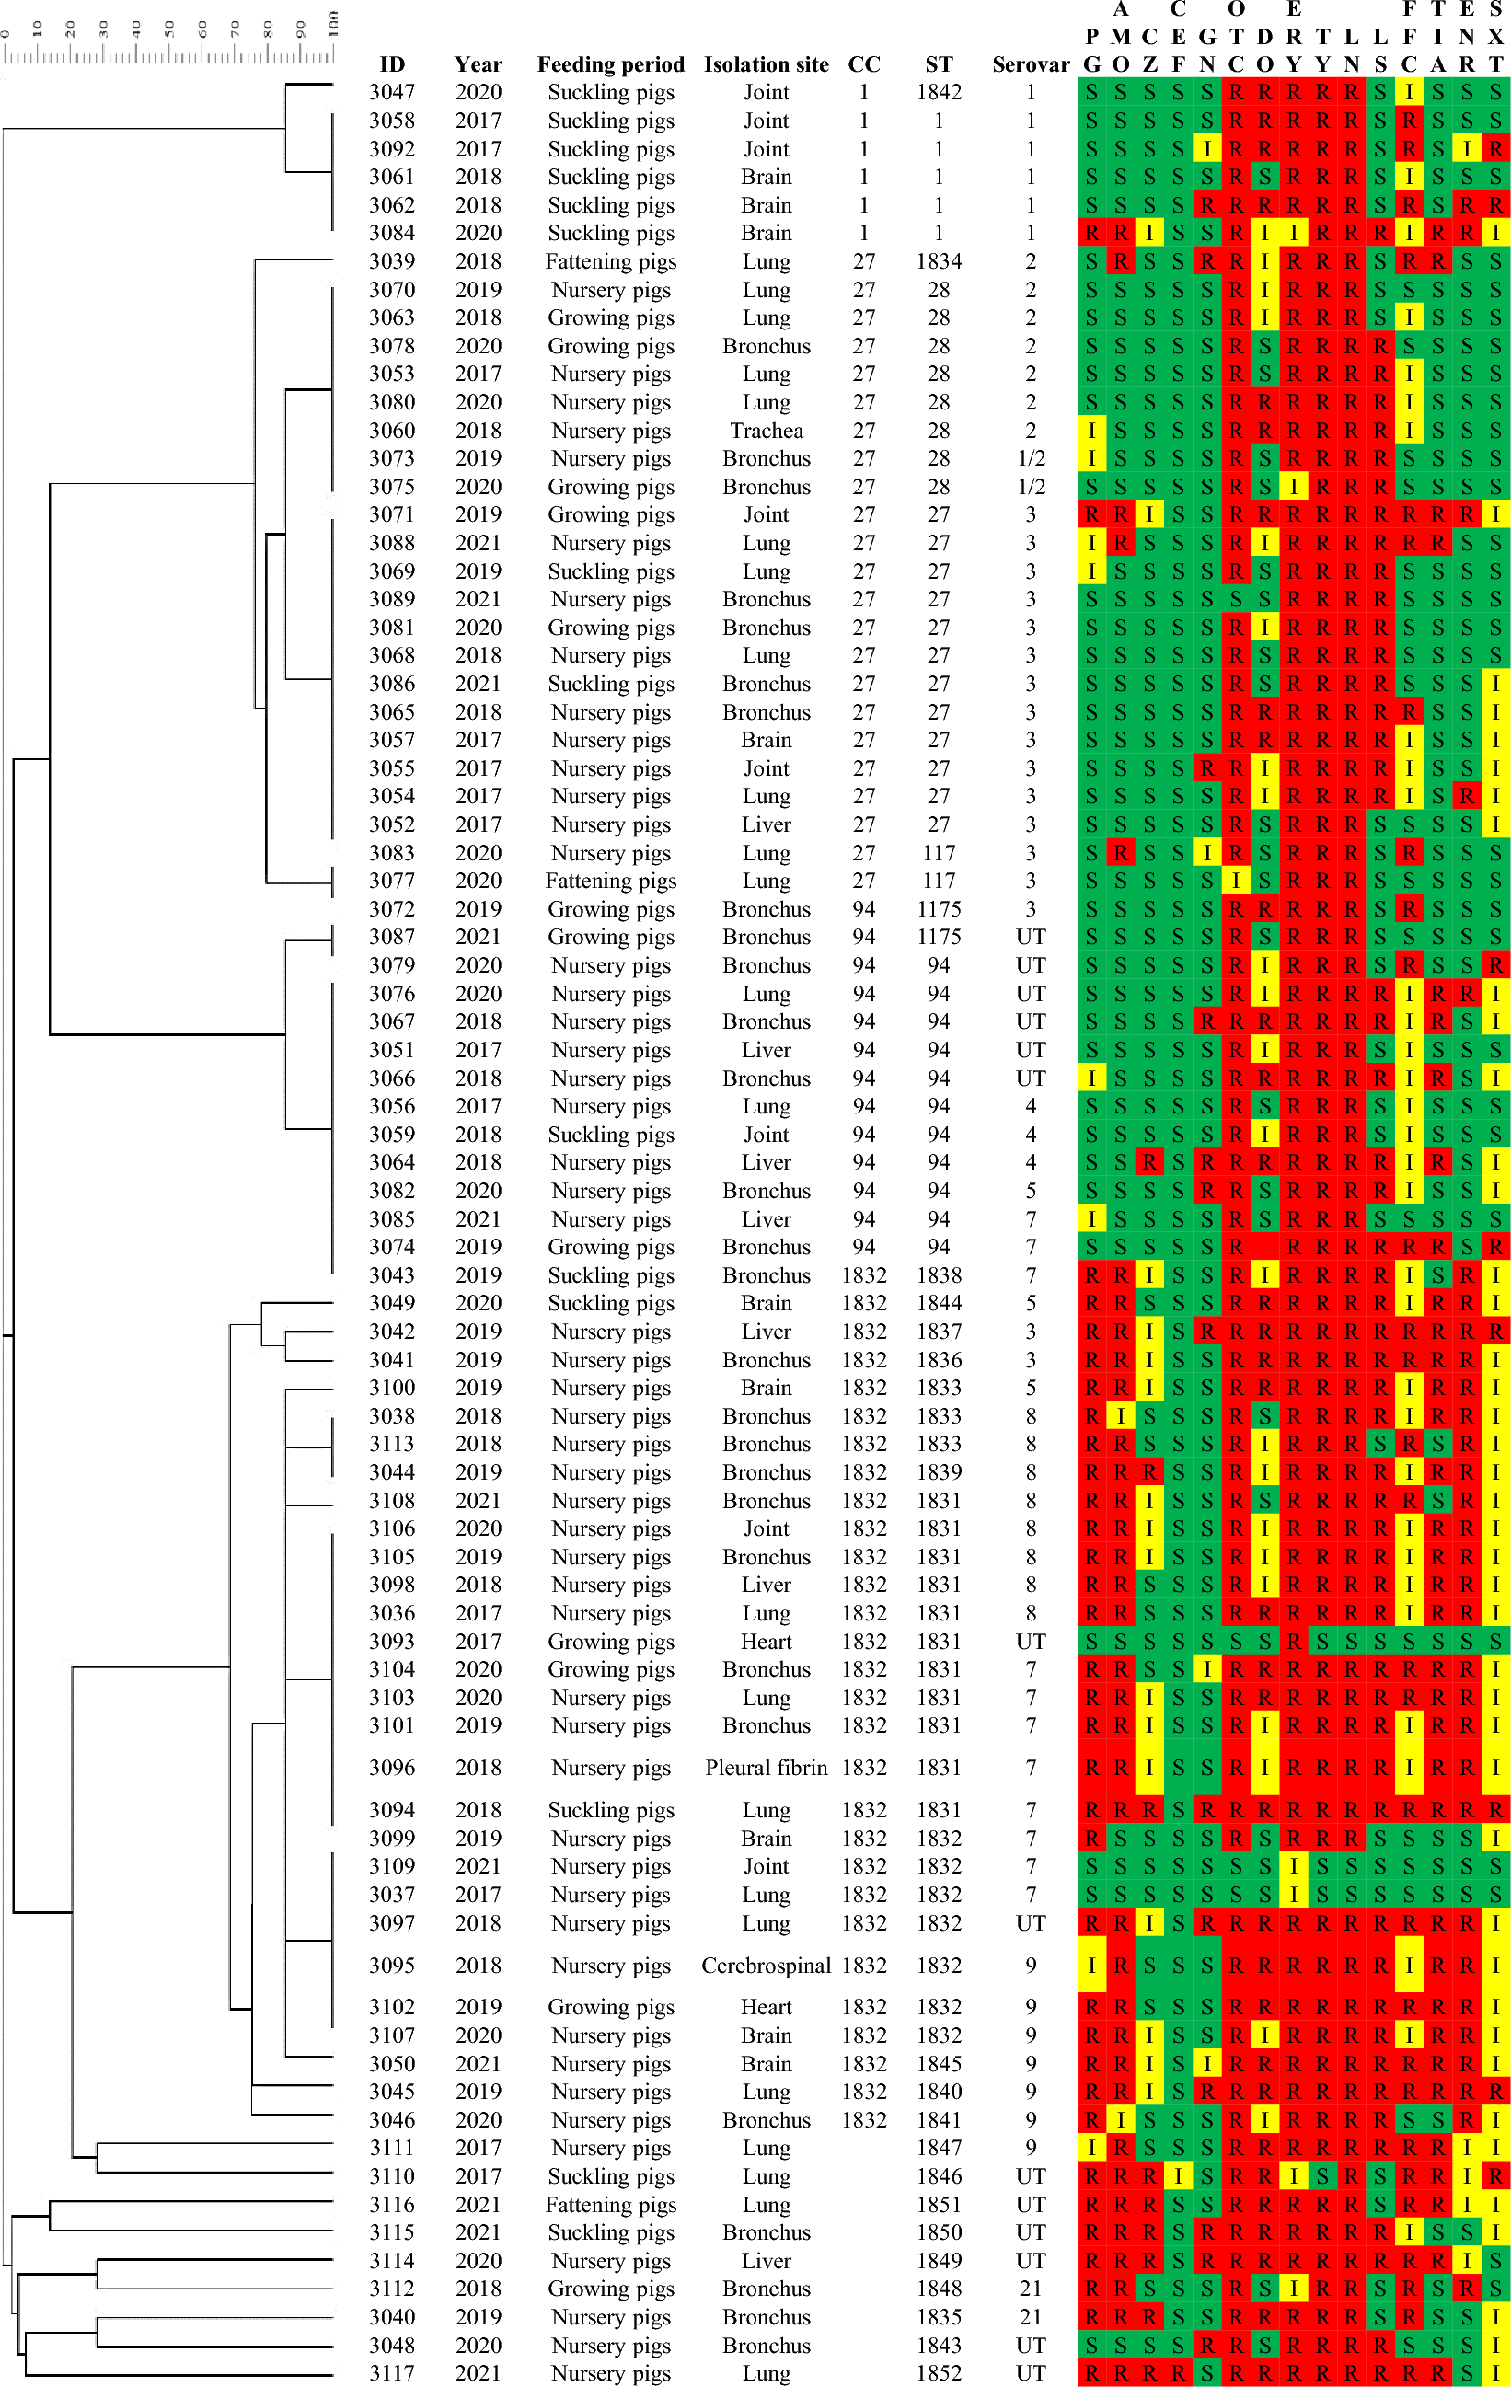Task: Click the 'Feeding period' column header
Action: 611,64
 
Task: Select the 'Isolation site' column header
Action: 767,64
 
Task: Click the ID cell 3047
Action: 392,92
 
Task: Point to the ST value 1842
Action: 939,92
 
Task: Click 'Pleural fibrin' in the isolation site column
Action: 767,1768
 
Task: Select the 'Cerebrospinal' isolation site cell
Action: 767,1965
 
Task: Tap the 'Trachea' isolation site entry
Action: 767,431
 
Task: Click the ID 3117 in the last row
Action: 392,2373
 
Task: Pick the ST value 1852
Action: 939,2373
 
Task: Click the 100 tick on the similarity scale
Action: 334,24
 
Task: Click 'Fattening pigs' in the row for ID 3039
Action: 611,261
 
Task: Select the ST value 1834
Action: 939,261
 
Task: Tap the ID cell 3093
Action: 392,1642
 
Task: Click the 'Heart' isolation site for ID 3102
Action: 767,2007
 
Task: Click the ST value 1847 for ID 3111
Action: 939,2147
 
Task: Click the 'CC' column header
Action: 863,64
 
